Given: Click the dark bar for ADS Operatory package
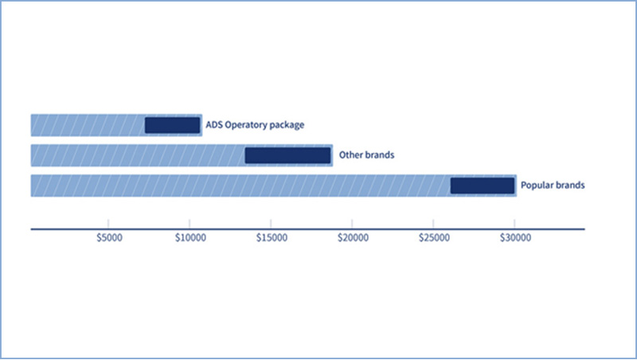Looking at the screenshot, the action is [x=172, y=125].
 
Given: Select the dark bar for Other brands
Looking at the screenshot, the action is [x=287, y=155].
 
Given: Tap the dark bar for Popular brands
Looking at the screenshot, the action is [x=483, y=186].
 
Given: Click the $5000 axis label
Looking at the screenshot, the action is [x=109, y=237].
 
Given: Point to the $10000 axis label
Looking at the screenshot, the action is [x=190, y=237].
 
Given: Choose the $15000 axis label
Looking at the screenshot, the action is [x=272, y=237].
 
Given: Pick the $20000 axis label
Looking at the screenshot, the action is [x=353, y=237].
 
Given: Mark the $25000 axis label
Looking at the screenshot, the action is [x=434, y=237].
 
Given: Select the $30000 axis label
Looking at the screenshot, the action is [x=515, y=237].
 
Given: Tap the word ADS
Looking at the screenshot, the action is [x=214, y=124].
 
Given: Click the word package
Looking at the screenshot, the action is [x=287, y=125].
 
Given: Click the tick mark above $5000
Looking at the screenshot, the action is [x=108, y=224].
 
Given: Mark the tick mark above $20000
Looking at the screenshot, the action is [x=352, y=224].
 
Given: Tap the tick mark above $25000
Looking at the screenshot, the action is [x=433, y=224].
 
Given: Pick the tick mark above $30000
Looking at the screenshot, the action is [x=514, y=224].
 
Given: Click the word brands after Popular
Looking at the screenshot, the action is [x=571, y=185].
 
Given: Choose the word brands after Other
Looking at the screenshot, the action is [x=379, y=155].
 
